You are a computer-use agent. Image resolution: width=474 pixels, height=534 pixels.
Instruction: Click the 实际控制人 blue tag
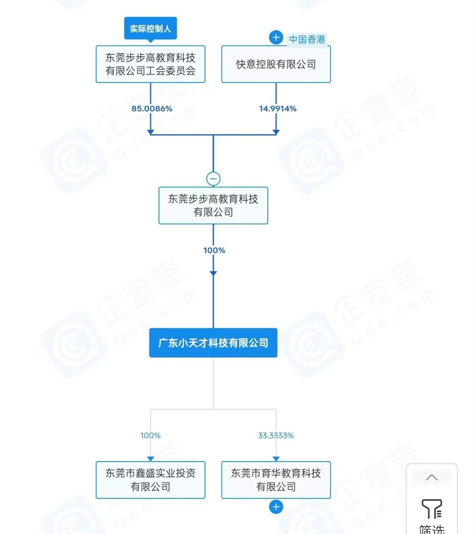pyautogui.click(x=150, y=29)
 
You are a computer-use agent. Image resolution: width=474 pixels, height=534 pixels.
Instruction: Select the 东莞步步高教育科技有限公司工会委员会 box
pyautogui.click(x=151, y=64)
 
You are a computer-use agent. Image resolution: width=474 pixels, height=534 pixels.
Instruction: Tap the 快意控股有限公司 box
pyautogui.click(x=276, y=64)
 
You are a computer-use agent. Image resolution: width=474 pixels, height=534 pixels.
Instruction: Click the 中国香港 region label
pyautogui.click(x=307, y=39)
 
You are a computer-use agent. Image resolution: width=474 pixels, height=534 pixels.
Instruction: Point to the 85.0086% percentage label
pyautogui.click(x=152, y=108)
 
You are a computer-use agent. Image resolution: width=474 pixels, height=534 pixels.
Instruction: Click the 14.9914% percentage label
pyautogui.click(x=277, y=108)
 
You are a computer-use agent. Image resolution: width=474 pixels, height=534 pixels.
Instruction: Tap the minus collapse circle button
pyautogui.click(x=213, y=179)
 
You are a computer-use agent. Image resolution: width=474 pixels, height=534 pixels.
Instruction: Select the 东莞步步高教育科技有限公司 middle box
pyautogui.click(x=213, y=205)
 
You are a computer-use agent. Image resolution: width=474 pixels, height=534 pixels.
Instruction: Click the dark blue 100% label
pyautogui.click(x=214, y=250)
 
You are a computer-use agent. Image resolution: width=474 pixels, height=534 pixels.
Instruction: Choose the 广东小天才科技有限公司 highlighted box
pyautogui.click(x=213, y=343)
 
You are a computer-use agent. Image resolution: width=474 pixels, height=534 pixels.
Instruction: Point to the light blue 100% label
pyautogui.click(x=151, y=435)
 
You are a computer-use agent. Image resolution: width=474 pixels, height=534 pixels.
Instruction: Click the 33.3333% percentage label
pyautogui.click(x=276, y=435)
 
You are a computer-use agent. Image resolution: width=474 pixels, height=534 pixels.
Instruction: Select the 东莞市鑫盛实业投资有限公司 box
pyautogui.click(x=151, y=480)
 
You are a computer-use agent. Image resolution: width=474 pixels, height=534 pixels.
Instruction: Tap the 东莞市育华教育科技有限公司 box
pyautogui.click(x=276, y=480)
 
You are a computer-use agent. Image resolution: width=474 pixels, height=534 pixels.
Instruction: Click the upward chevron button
pyautogui.click(x=431, y=477)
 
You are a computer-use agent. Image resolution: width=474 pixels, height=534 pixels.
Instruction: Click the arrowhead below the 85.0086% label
pyautogui.click(x=151, y=132)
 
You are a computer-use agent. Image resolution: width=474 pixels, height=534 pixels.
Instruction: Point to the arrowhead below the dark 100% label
pyautogui.click(x=213, y=273)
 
